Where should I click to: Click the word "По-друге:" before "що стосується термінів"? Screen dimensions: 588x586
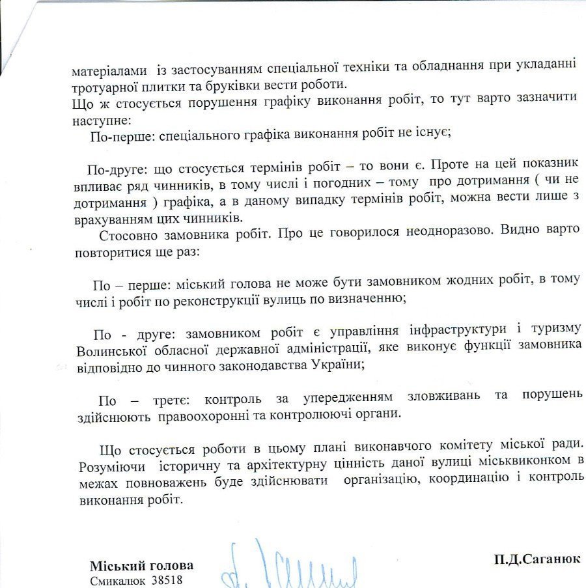(119, 171)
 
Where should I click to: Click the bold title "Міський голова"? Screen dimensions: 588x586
(141, 565)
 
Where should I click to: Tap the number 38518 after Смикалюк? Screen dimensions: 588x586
(167, 580)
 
